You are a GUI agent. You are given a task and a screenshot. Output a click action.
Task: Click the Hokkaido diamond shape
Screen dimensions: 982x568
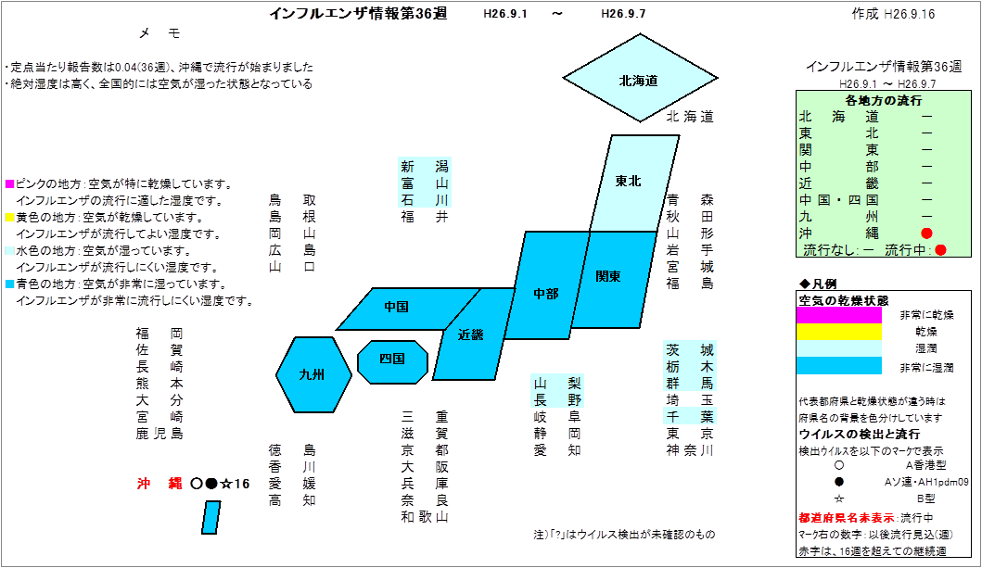pyautogui.click(x=640, y=78)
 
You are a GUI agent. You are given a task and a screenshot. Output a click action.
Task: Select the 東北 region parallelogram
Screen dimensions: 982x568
pyautogui.click(x=633, y=183)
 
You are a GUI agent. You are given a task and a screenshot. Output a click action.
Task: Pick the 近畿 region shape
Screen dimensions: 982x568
pyautogui.click(x=473, y=334)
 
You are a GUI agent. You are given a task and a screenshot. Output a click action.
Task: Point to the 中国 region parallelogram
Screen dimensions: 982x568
pyautogui.click(x=407, y=309)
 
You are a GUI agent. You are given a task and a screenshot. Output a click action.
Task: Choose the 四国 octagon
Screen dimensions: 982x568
pyautogui.click(x=392, y=361)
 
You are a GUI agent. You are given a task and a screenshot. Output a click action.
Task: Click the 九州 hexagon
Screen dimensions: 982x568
pyautogui.click(x=313, y=374)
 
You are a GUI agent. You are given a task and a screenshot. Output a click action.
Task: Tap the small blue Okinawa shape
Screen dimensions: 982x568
pyautogui.click(x=211, y=517)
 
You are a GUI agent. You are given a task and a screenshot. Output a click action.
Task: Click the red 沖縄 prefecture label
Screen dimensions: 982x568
pyautogui.click(x=160, y=484)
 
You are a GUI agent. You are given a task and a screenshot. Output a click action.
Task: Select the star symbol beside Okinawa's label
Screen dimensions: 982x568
pyautogui.click(x=226, y=484)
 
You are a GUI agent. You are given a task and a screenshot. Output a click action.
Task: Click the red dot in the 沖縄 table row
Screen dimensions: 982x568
pyautogui.click(x=927, y=234)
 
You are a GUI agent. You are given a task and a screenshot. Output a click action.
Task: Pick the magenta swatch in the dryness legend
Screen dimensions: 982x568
pyautogui.click(x=838, y=316)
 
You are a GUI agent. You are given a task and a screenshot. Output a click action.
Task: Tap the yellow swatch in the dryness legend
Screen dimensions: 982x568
pyautogui.click(x=838, y=332)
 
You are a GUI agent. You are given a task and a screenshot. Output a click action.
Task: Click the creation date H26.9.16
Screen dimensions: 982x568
pyautogui.click(x=910, y=14)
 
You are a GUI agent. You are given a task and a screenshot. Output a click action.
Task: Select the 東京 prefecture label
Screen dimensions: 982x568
pyautogui.click(x=690, y=434)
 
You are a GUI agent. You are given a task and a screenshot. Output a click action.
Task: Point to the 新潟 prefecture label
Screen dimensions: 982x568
pyautogui.click(x=425, y=167)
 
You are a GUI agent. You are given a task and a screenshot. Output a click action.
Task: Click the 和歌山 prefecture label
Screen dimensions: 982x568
pyautogui.click(x=425, y=517)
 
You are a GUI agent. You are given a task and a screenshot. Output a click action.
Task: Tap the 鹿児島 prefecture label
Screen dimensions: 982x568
pyautogui.click(x=159, y=434)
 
